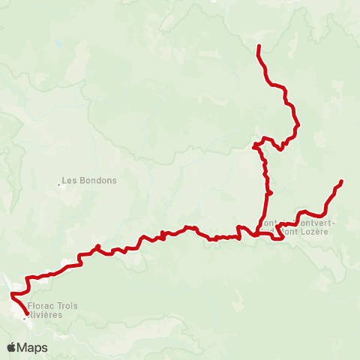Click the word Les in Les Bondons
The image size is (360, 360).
(x=68, y=181)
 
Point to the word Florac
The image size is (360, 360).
(x=38, y=306)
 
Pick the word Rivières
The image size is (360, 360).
(x=45, y=315)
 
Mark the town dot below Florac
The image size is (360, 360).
(x=24, y=319)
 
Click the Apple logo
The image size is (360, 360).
(x=12, y=347)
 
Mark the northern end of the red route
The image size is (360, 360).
(x=259, y=46)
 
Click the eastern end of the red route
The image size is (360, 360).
(x=341, y=181)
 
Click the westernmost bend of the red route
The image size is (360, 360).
(x=10, y=295)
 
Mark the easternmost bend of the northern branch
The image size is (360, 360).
(x=298, y=124)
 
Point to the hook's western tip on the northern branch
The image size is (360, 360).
(x=254, y=144)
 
